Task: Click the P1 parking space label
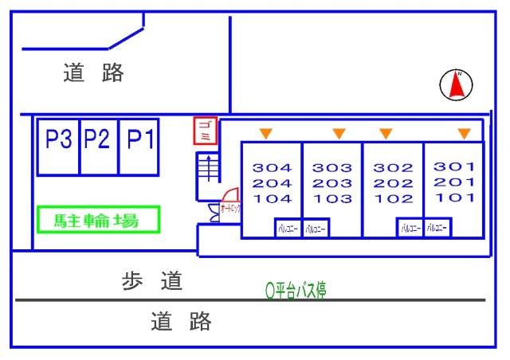[x=140, y=140]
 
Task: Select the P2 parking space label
[x=97, y=140]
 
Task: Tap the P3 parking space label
[x=58, y=140]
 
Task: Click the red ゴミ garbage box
[x=205, y=131]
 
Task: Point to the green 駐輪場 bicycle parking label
[x=98, y=220]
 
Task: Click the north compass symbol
[x=457, y=84]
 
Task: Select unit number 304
[x=273, y=168]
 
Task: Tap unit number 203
[x=332, y=183]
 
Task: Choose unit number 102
[x=394, y=199]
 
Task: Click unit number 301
[x=454, y=166]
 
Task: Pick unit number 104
[x=273, y=199]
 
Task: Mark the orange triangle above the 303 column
[x=339, y=132]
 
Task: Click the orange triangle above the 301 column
[x=464, y=132]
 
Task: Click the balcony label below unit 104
[x=288, y=229]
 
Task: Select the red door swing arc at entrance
[x=229, y=194]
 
